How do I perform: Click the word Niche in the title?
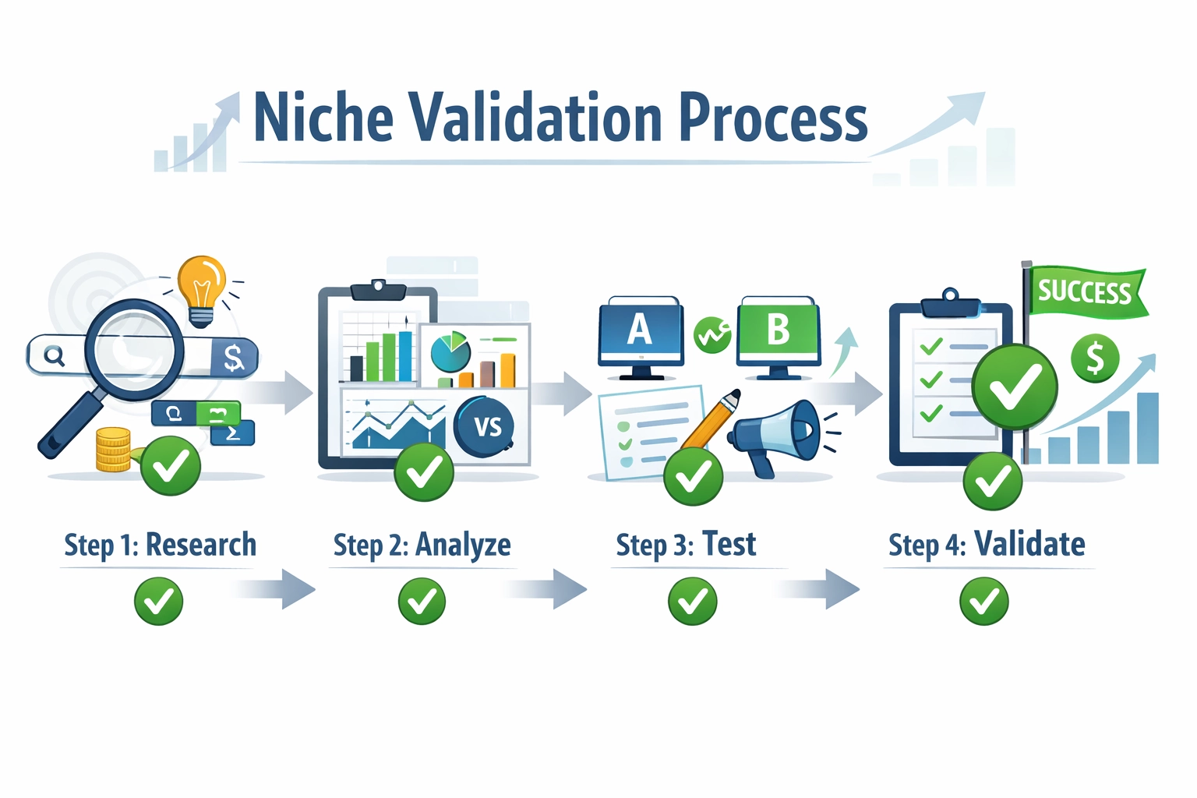[x=323, y=118]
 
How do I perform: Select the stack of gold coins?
[x=114, y=450]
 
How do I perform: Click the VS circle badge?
[x=486, y=426]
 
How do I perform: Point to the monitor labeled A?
[x=640, y=331]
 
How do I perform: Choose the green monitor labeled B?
[x=778, y=331]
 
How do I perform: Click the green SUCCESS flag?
[x=1086, y=292]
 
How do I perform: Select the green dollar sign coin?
[x=1095, y=358]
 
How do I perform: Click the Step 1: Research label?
[x=160, y=545]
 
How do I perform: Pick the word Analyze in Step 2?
[x=463, y=545]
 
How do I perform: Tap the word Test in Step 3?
[x=729, y=544]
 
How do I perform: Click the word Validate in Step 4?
[x=1029, y=544]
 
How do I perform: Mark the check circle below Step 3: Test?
[x=692, y=602]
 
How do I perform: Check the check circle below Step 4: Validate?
[x=984, y=602]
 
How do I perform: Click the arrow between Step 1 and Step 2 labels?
[x=277, y=589]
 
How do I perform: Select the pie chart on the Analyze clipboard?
[x=450, y=352]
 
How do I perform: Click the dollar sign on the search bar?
[x=233, y=358]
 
